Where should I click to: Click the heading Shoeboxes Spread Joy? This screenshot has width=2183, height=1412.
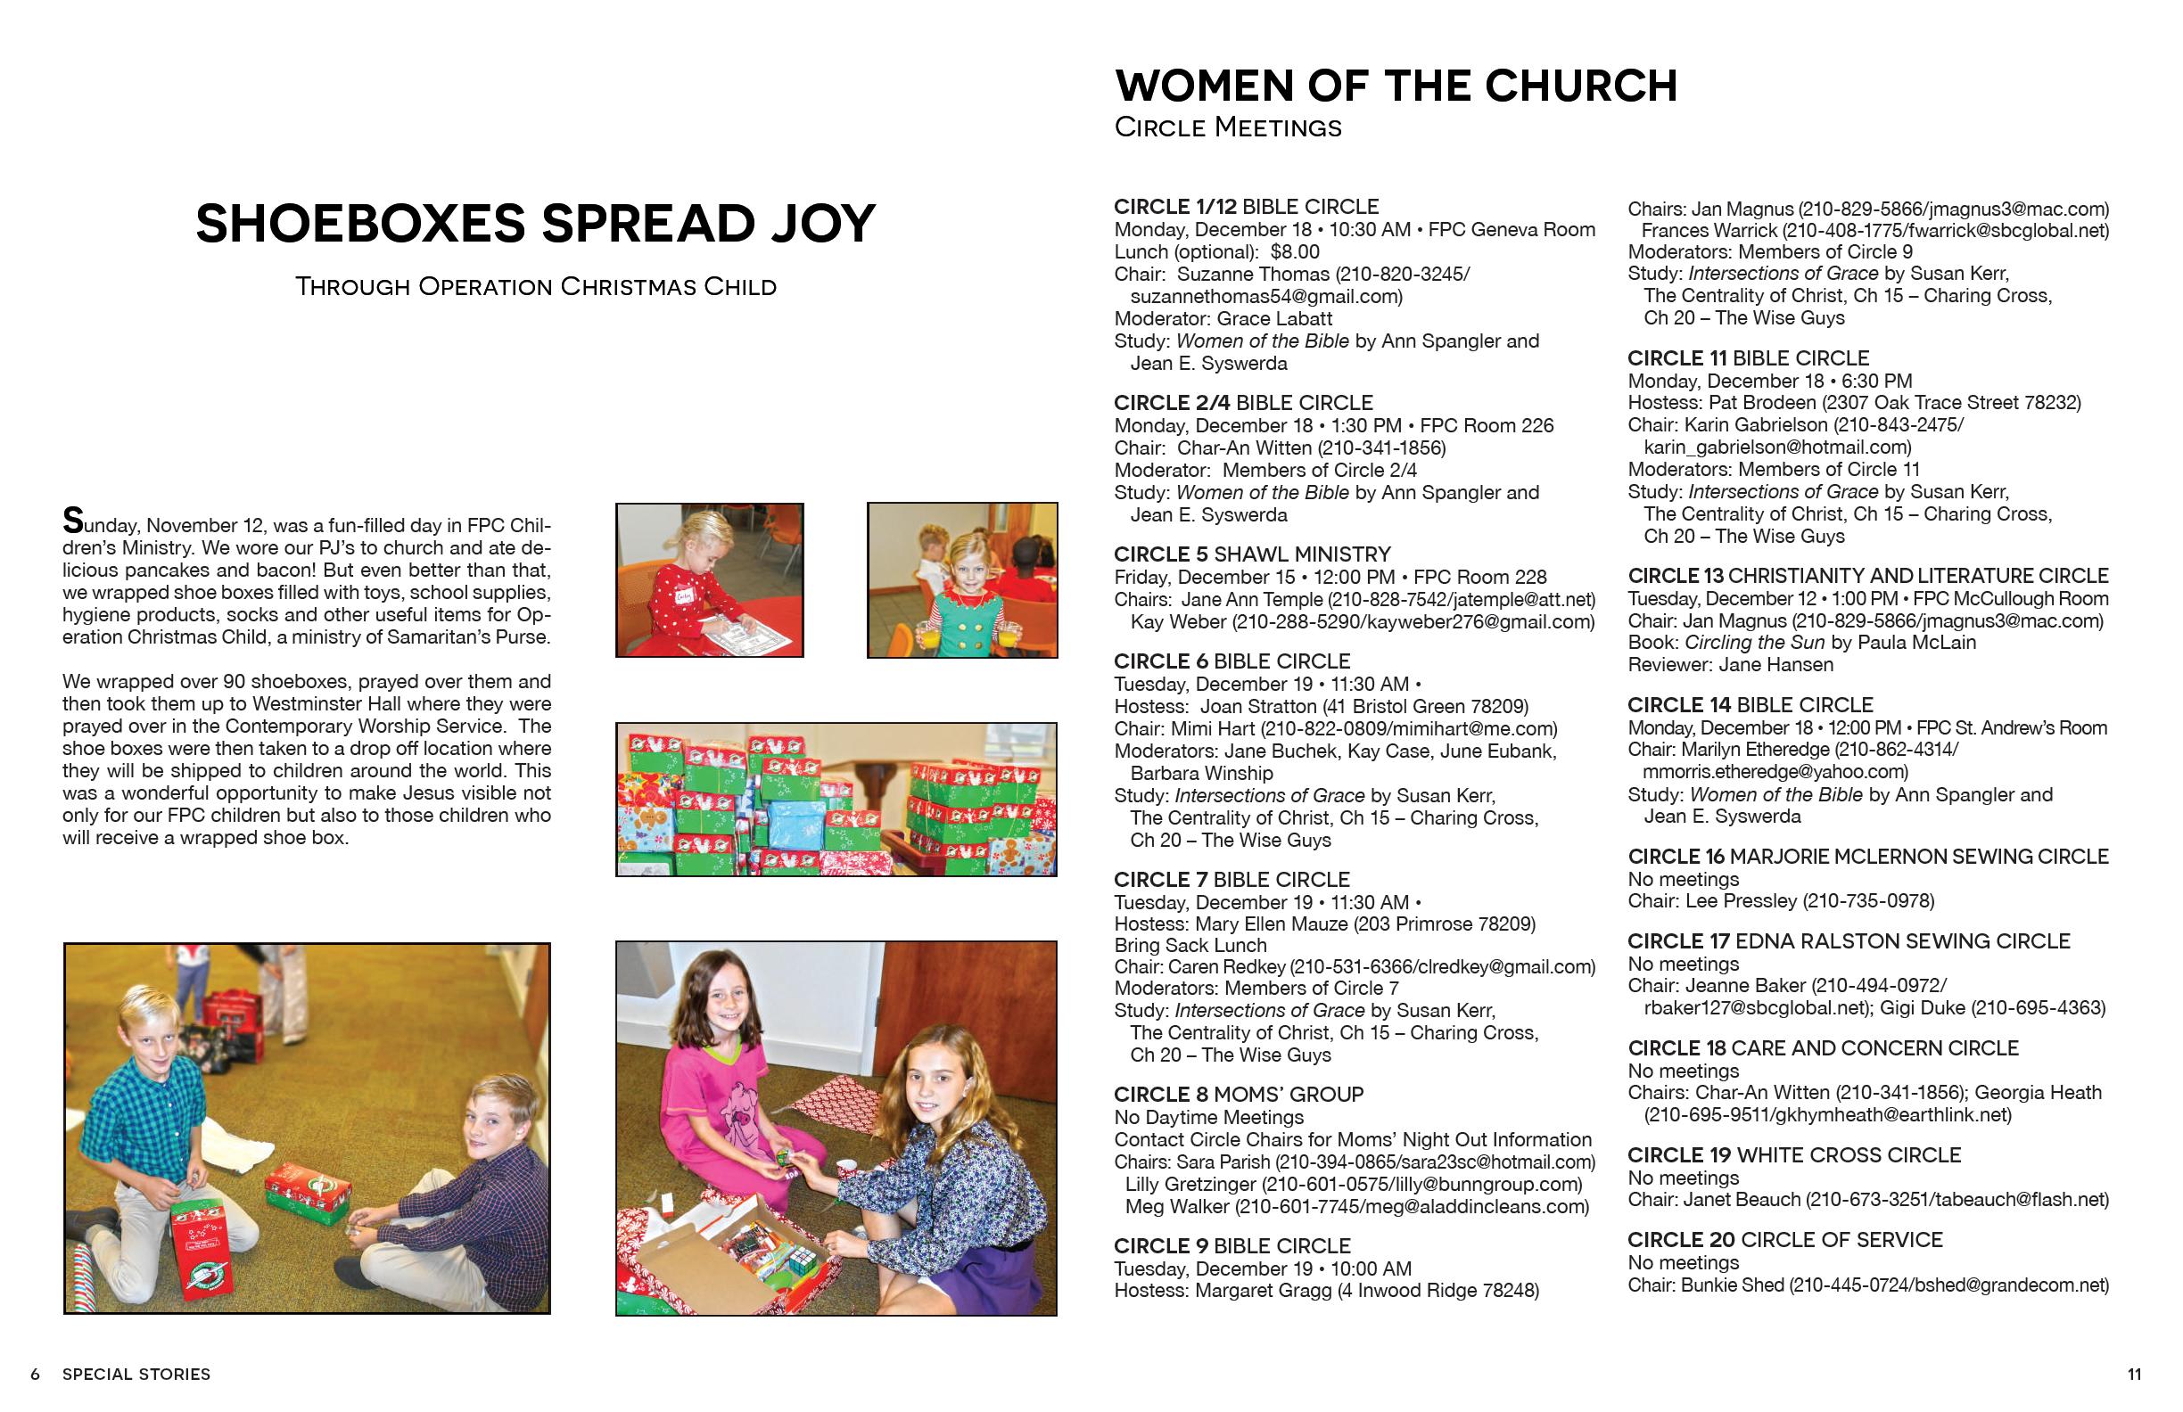[536, 224]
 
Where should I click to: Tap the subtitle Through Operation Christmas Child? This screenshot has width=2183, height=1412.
[536, 287]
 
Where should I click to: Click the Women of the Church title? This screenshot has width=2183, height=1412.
[1395, 86]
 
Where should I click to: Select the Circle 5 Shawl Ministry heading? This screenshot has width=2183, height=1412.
[1252, 554]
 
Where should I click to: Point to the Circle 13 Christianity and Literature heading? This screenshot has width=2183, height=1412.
[1867, 576]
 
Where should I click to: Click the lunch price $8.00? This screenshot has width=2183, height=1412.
[1294, 252]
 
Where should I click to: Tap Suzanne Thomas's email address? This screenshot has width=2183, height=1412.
[1265, 296]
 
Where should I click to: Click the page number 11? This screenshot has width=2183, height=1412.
[2134, 1375]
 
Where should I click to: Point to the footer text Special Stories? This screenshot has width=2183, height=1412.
[136, 1375]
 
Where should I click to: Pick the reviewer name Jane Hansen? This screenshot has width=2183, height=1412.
[1775, 665]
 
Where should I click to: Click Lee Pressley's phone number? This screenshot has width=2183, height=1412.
[1868, 901]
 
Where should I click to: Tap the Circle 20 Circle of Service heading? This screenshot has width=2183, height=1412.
[1784, 1240]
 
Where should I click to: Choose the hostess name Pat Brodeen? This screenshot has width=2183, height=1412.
[1762, 403]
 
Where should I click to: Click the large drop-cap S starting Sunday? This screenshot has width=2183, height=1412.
[72, 521]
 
